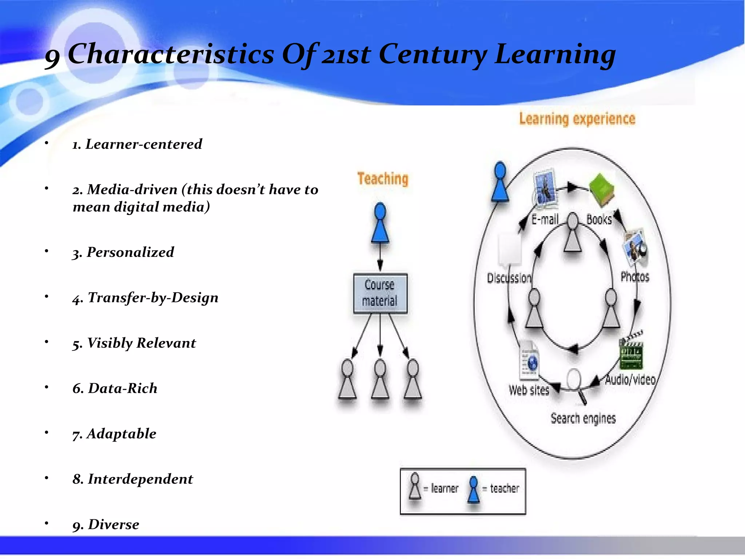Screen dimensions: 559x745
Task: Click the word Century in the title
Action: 432,55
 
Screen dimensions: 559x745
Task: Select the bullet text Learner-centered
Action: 143,144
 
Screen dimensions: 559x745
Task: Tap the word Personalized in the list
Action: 130,252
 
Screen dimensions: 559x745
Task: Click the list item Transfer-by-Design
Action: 153,298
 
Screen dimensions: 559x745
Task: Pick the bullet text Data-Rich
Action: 123,388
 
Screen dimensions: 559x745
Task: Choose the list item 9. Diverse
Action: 106,524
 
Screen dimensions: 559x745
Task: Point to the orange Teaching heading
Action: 383,179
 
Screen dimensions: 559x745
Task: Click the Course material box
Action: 380,293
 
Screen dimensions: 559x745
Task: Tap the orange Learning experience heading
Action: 577,119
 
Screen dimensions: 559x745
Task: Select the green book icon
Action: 601,190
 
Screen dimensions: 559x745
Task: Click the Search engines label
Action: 583,419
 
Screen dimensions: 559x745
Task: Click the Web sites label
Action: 529,390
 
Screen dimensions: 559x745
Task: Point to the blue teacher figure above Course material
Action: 380,223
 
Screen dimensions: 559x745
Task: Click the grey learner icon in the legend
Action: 415,487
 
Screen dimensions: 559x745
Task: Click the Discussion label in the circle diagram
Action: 509,278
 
